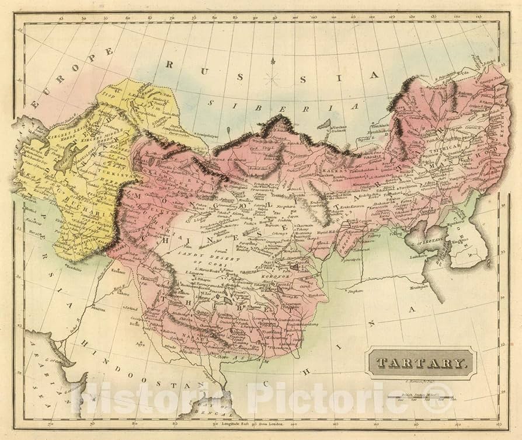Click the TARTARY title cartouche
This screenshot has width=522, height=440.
421,363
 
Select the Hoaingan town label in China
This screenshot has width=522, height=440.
416,287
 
